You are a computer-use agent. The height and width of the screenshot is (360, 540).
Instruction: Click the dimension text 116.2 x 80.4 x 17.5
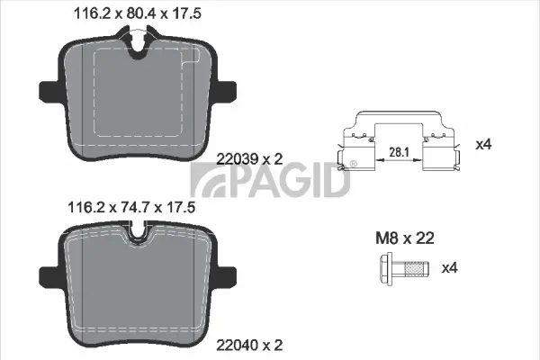132,13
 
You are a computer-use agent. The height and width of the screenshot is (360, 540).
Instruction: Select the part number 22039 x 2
251,158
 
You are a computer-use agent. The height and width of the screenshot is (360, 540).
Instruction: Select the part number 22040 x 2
251,345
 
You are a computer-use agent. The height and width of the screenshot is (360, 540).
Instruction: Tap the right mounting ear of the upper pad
226,91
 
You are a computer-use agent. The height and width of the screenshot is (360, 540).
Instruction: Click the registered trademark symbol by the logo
352,164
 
